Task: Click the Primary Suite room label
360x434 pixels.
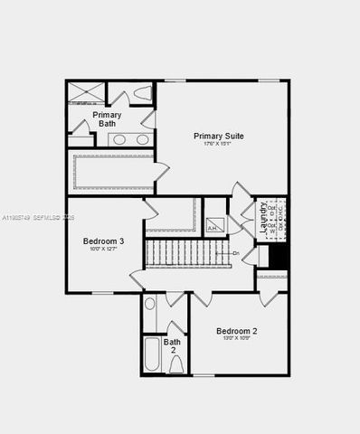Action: pyautogui.click(x=219, y=136)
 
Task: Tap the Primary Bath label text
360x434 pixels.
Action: pyautogui.click(x=107, y=118)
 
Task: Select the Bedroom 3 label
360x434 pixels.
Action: pyautogui.click(x=104, y=241)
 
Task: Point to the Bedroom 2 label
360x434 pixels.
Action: pyautogui.click(x=236, y=332)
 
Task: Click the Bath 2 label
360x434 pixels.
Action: pyautogui.click(x=172, y=346)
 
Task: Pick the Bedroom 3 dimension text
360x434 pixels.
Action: pyautogui.click(x=104, y=250)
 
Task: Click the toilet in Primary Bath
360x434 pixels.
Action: pyautogui.click(x=142, y=92)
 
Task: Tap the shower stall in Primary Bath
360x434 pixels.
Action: pyautogui.click(x=86, y=92)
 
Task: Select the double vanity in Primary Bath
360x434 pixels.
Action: pyautogui.click(x=131, y=139)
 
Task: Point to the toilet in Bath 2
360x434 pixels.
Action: pyautogui.click(x=175, y=364)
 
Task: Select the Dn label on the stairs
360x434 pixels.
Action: pyautogui.click(x=236, y=253)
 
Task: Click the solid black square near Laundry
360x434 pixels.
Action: pyautogui.click(x=279, y=256)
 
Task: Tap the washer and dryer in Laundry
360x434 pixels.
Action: pyautogui.click(x=278, y=217)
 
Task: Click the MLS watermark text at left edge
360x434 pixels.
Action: pyautogui.click(x=36, y=218)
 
